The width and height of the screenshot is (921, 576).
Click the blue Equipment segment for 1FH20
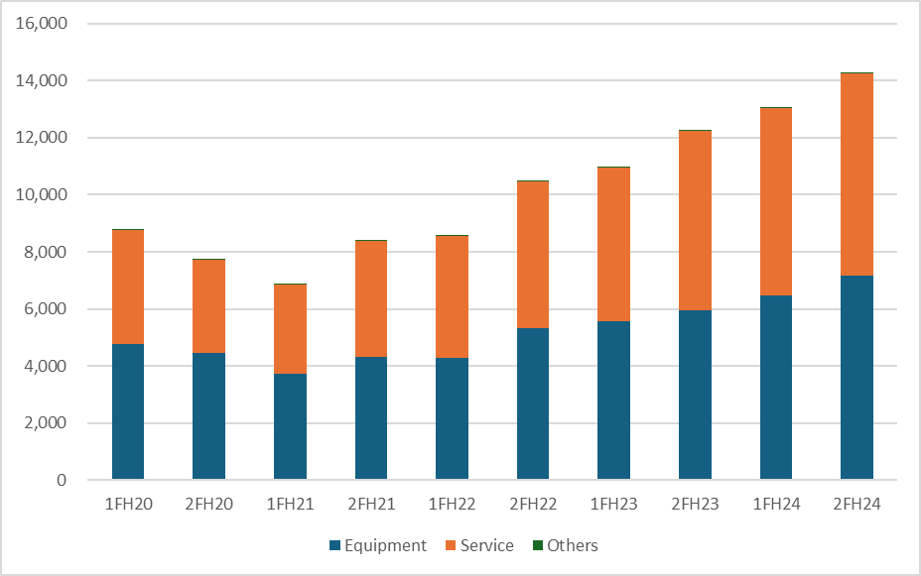coord(128,411)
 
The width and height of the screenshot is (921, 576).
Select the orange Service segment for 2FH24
coord(856,174)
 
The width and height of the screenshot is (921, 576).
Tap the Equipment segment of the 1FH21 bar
coord(290,427)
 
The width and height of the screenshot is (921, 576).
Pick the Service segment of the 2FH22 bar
coord(533,255)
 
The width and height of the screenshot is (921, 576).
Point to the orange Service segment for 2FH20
coord(209,306)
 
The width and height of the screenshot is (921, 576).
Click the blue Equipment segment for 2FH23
coord(695,396)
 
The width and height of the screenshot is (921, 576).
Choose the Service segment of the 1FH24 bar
coord(776,202)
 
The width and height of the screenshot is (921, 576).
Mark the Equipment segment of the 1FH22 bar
coord(453,418)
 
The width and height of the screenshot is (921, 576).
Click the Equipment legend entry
coord(378,545)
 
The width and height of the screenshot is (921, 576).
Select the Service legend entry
coord(479,545)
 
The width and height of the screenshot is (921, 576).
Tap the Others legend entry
coord(565,545)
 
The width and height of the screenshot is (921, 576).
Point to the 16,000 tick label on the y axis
coord(42,24)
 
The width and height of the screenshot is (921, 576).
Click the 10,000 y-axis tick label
coord(42,194)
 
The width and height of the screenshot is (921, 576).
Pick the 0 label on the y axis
coord(62,480)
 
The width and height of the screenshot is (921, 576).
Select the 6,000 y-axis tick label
coord(46,308)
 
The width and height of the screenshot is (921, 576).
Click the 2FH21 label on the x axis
coord(371,504)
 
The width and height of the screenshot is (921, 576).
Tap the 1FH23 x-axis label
coord(613,504)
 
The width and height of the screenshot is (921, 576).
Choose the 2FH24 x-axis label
coord(856,504)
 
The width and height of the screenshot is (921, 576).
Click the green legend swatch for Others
coord(538,545)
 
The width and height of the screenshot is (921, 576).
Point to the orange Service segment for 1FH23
coord(613,245)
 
